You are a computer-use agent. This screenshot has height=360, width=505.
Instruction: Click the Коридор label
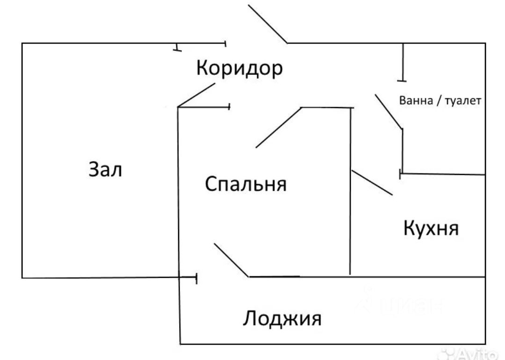pyautogui.click(x=239, y=69)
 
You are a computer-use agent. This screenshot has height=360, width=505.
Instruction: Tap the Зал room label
pyautogui.click(x=105, y=169)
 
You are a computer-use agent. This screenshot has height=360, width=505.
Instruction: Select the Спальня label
pyautogui.click(x=245, y=184)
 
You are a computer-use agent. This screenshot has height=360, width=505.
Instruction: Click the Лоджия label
pyautogui.click(x=282, y=319)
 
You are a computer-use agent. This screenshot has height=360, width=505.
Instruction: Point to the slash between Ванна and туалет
pyautogui.click(x=438, y=101)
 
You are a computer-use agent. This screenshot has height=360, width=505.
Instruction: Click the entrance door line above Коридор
pyautogui.click(x=267, y=23)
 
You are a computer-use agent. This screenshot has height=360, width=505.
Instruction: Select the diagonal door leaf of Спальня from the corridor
pyautogui.click(x=278, y=128)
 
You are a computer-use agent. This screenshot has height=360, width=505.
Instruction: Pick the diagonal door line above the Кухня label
pyautogui.click(x=372, y=183)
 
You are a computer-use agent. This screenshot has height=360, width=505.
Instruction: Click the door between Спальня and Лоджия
pyautogui.click(x=231, y=260)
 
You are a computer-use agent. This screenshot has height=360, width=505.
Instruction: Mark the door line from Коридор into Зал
pyautogui.click(x=196, y=95)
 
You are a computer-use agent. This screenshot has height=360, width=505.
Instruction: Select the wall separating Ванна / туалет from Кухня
pyautogui.click(x=442, y=174)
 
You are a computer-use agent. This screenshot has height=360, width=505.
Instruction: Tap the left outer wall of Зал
pyautogui.click(x=22, y=159)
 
